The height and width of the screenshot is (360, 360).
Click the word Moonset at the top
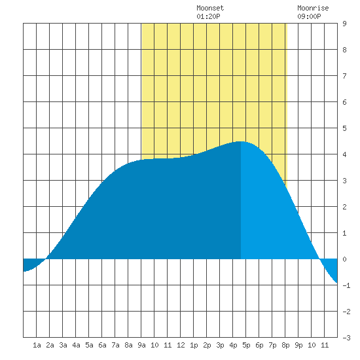210,8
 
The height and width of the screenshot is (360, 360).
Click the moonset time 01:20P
208,16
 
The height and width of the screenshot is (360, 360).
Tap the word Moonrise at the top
313,8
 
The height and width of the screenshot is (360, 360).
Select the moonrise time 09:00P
309,16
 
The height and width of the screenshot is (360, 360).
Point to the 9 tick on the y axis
344,24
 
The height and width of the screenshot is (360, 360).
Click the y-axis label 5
344,128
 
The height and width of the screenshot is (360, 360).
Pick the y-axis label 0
344,259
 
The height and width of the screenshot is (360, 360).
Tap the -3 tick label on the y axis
346,338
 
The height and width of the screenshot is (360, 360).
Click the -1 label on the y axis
346,285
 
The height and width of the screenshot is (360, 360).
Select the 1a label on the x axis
37,345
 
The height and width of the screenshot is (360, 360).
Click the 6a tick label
102,345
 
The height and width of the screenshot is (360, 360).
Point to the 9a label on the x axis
141,345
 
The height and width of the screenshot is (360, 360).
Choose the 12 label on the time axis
181,345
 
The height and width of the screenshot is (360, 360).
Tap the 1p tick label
194,345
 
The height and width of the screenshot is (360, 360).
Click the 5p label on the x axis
246,345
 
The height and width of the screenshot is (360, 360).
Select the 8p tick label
285,345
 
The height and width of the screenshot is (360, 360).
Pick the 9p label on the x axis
298,345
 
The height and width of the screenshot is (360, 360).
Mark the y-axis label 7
344,76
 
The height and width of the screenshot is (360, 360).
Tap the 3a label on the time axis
63,345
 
